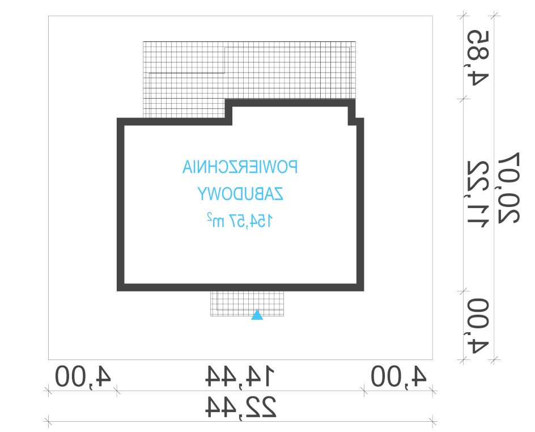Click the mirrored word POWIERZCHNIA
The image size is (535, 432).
pos(240,167)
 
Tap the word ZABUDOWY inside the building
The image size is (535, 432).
pos(240,194)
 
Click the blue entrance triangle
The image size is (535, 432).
pos(257,315)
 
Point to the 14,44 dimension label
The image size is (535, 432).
pos(240,376)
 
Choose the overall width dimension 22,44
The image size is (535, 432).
pos(240,406)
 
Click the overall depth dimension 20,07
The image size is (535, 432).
pos(509,188)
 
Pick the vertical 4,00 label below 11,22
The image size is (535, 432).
pos(478,325)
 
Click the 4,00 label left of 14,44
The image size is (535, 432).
pos(83,376)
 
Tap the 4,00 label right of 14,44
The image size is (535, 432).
pos(398,376)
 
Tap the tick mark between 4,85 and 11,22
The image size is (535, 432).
pos(463,99)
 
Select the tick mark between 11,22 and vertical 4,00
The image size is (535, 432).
pos(463,291)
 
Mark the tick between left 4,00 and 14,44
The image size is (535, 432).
pos(117,391)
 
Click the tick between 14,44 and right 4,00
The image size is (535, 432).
pos(364,391)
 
